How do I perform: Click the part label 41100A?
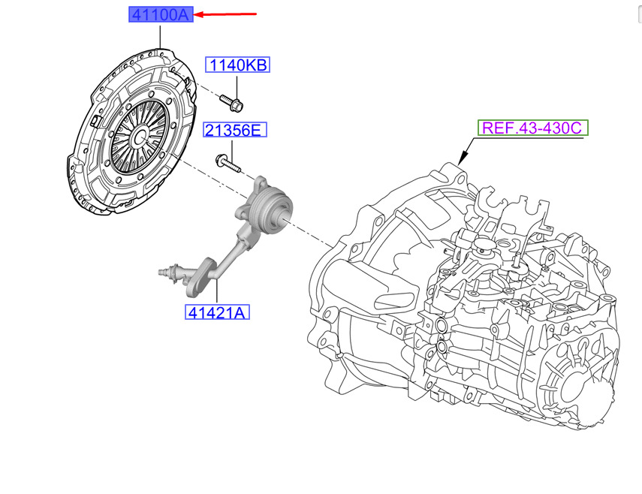click(x=161, y=15)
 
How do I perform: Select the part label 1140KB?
click(x=237, y=65)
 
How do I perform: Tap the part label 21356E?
click(x=235, y=130)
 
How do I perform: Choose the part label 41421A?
click(x=217, y=312)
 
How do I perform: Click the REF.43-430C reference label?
click(x=532, y=128)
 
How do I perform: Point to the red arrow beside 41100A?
click(x=225, y=14)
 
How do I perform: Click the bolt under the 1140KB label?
click(x=231, y=103)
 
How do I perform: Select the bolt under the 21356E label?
click(x=228, y=163)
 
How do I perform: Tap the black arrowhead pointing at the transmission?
click(x=463, y=157)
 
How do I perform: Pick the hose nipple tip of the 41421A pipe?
click(x=161, y=271)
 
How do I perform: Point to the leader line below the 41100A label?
click(x=161, y=37)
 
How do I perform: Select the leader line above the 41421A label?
click(x=217, y=293)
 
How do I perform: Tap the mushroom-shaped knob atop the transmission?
click(x=485, y=247)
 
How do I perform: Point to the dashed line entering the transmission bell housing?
click(x=310, y=235)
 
